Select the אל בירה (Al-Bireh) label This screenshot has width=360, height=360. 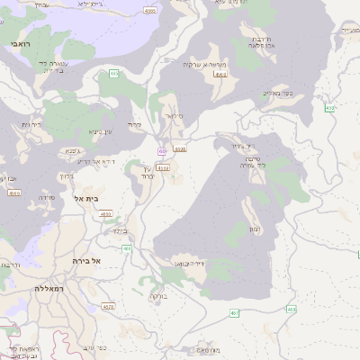pyautogui.click(x=87, y=260)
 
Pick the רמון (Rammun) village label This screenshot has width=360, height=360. pyautogui.click(x=256, y=230)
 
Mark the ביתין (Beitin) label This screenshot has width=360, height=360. pyautogui.click(x=120, y=230)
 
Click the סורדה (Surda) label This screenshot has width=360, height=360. pyautogui.click(x=46, y=197)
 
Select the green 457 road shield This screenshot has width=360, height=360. pyautogui.click(x=234, y=313)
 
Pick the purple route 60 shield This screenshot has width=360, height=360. pyautogui.click(x=162, y=151)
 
